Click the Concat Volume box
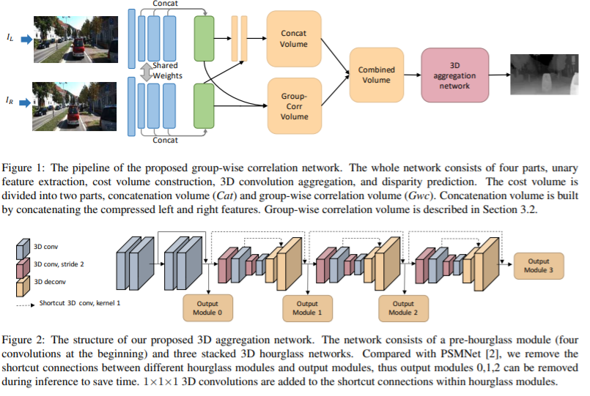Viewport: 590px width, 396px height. coord(294,39)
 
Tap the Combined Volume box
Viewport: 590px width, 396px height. coord(376,75)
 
